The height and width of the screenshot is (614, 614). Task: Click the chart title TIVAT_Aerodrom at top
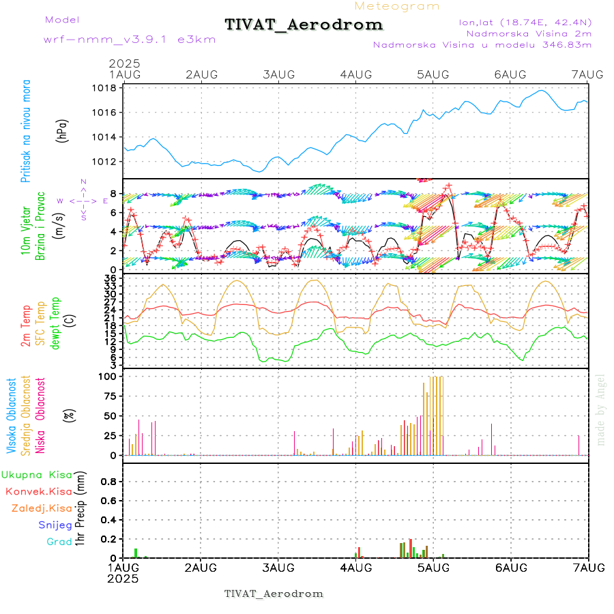(x=304, y=25)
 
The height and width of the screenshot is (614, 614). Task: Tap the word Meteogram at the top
(x=397, y=6)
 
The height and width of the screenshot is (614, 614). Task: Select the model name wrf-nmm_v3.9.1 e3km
(x=130, y=39)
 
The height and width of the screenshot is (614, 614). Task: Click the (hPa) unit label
(x=63, y=130)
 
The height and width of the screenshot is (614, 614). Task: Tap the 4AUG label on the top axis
(x=355, y=74)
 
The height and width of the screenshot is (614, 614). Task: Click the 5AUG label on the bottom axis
(x=433, y=568)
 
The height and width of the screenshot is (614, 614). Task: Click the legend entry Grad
(x=59, y=542)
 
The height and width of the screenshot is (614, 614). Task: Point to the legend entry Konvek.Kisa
(x=39, y=491)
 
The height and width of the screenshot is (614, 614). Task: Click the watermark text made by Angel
(x=601, y=409)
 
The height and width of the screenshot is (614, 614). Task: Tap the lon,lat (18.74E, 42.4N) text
(x=525, y=21)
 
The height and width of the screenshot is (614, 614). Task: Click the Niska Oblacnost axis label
(x=41, y=416)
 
